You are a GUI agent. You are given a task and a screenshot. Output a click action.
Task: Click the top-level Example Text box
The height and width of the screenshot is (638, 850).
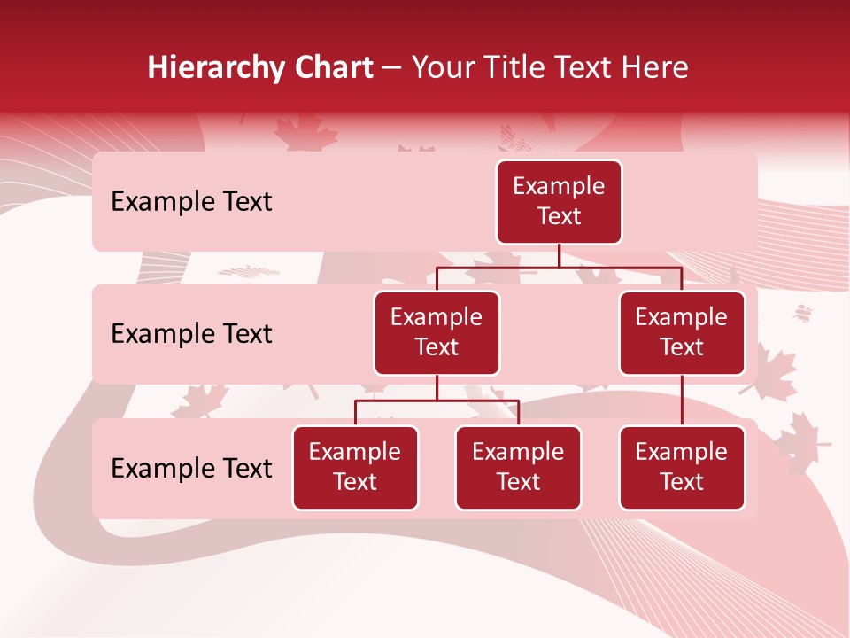559,202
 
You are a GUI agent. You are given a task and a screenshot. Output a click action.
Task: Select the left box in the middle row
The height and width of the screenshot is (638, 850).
437,333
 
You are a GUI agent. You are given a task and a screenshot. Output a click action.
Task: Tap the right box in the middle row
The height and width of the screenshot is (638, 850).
682,333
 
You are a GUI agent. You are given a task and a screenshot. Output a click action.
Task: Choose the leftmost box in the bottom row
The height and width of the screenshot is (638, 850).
355,468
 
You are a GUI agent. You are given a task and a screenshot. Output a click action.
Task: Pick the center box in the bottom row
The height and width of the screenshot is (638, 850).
518,468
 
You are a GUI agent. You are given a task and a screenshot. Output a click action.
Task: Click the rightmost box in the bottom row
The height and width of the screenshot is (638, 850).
682,468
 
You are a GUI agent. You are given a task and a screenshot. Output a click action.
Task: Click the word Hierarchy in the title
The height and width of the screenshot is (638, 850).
208,68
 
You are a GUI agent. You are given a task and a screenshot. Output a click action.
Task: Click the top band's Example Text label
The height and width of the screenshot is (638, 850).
191,202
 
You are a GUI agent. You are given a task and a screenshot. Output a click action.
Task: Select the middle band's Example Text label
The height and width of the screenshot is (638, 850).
191,334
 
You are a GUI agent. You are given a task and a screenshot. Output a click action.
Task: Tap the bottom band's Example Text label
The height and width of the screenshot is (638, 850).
191,469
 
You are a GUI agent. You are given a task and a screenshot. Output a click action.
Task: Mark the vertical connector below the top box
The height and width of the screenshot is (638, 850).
559,255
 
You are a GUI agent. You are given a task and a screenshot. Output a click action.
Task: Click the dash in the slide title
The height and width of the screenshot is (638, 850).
392,68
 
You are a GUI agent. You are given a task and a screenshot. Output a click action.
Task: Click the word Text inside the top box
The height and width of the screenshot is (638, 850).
559,216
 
